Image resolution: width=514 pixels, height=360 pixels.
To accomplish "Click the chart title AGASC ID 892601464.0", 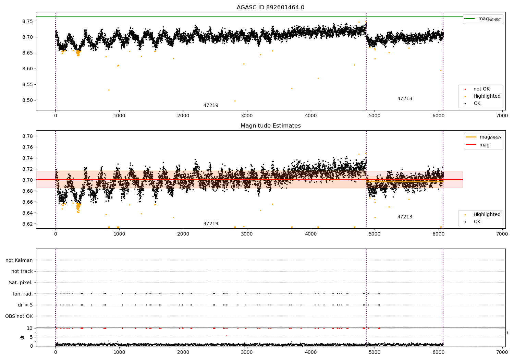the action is point(270,7).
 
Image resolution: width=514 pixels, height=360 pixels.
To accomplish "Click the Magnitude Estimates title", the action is point(271,125).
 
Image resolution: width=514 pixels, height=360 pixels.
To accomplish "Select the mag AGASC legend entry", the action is point(483,19).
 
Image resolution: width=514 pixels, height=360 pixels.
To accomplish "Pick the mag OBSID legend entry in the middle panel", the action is point(483,137).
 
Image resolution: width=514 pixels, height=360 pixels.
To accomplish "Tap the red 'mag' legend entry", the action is point(478,145).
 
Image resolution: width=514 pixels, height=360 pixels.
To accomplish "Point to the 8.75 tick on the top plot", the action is point(28,21).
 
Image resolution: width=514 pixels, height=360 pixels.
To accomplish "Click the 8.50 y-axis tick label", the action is point(28,100).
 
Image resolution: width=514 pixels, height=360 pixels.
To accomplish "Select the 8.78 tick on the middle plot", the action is point(28,136).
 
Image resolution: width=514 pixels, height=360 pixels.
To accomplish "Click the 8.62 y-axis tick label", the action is point(28,224).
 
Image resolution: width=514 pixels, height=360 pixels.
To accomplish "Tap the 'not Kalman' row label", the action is point(19,260).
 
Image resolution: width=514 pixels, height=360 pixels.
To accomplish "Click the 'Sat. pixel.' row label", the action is point(21,283).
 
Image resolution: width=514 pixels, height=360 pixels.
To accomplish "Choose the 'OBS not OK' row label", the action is point(19,316).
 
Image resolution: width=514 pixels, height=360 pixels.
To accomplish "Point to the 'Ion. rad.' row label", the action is point(23,293).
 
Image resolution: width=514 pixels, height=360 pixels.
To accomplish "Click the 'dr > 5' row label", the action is point(25,305).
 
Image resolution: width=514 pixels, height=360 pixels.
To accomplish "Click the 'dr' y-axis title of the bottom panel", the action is point(22,337).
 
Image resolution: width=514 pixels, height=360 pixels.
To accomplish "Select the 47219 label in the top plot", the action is point(211,105).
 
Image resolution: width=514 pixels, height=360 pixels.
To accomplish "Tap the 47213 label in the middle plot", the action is point(405,217).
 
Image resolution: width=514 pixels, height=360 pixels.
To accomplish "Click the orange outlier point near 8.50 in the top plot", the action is point(235,101).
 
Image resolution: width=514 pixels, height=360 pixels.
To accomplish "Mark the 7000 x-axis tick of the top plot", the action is point(502,116).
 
